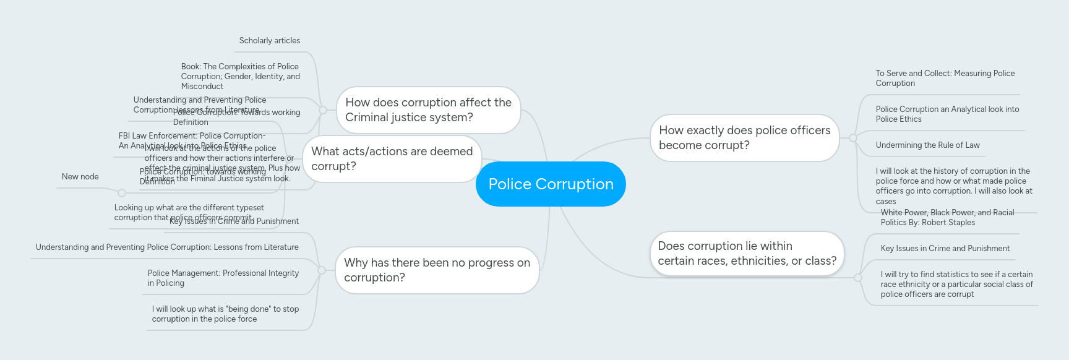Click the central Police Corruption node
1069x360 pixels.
point(551,184)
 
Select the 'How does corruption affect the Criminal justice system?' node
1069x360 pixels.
point(428,110)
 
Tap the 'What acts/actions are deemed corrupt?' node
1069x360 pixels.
point(392,159)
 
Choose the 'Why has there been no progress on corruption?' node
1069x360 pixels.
point(437,270)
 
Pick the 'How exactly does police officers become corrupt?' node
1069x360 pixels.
point(744,138)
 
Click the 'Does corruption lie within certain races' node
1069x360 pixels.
point(747,254)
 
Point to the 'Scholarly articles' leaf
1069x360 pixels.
point(269,41)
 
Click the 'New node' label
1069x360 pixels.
point(80,177)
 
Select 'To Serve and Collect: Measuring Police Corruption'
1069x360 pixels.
point(945,79)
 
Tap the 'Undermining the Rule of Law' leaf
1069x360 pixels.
point(927,145)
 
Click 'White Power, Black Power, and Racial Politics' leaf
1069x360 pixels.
point(947,218)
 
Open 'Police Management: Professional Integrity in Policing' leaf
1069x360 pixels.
point(223,278)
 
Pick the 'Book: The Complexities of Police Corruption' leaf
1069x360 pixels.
point(240,76)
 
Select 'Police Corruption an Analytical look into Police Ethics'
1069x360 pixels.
point(947,114)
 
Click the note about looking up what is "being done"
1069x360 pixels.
point(225,314)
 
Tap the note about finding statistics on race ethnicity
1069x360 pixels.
point(956,284)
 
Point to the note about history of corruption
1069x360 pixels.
point(953,186)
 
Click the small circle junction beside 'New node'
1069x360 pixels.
point(122,193)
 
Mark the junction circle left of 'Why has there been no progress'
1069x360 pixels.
point(322,270)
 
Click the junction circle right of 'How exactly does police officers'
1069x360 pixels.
point(852,138)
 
